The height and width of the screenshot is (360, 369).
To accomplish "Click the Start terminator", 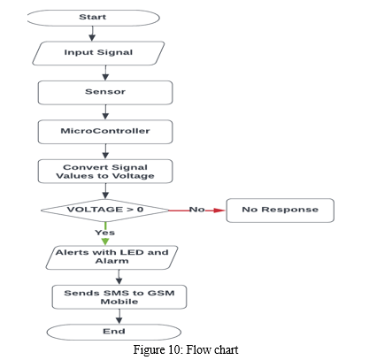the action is pos(93,18).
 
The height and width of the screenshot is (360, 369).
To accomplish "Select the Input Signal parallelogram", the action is pos(98,53).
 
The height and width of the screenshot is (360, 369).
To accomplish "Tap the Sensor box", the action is pos(105,93).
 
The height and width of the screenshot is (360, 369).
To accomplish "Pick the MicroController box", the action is pos(105,132).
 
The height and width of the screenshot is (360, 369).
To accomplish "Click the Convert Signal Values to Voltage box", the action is pos(105,172).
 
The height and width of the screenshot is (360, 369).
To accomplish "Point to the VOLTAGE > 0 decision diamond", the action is pos(105,211).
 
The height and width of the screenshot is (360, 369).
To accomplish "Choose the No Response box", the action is pos(281,211).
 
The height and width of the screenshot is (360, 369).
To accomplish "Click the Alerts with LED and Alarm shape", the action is pos(111,257).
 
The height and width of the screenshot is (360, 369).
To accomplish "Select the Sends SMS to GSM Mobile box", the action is pos(119,297).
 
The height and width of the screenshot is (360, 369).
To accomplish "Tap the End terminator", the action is pos(114,332).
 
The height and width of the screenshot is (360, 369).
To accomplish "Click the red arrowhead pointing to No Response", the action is pos(219,211).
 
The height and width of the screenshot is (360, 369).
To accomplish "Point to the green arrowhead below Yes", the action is pos(105,241).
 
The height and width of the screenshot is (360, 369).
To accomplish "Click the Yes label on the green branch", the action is pos(105,233).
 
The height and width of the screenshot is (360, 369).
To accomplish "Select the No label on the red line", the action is pos(196,210).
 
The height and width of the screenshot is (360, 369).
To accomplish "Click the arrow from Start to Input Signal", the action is pos(92,34).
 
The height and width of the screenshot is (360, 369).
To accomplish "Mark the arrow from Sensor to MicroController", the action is pos(105,112).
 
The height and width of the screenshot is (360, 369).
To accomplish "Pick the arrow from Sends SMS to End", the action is pos(119,317).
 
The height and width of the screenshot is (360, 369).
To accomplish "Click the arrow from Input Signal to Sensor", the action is pos(105,73).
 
